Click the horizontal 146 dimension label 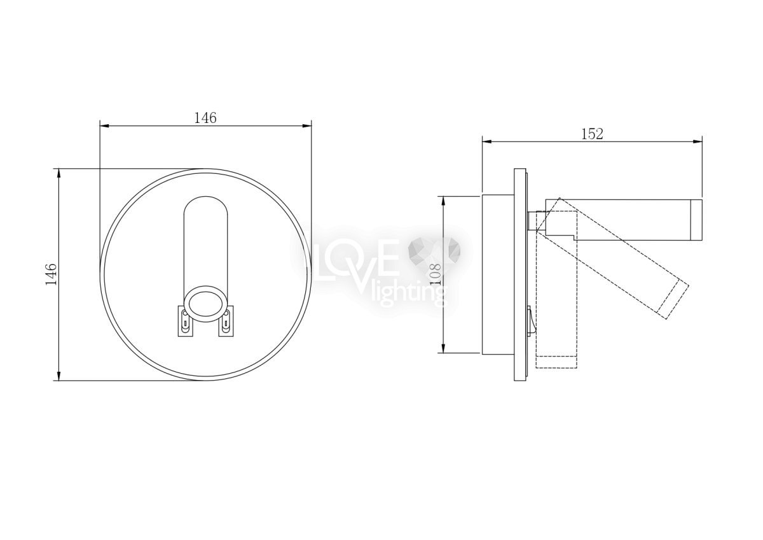click(x=205, y=118)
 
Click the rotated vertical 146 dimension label click(x=51, y=274)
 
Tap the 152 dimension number click(x=592, y=134)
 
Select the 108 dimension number click(x=435, y=274)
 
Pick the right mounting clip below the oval click(x=226, y=321)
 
